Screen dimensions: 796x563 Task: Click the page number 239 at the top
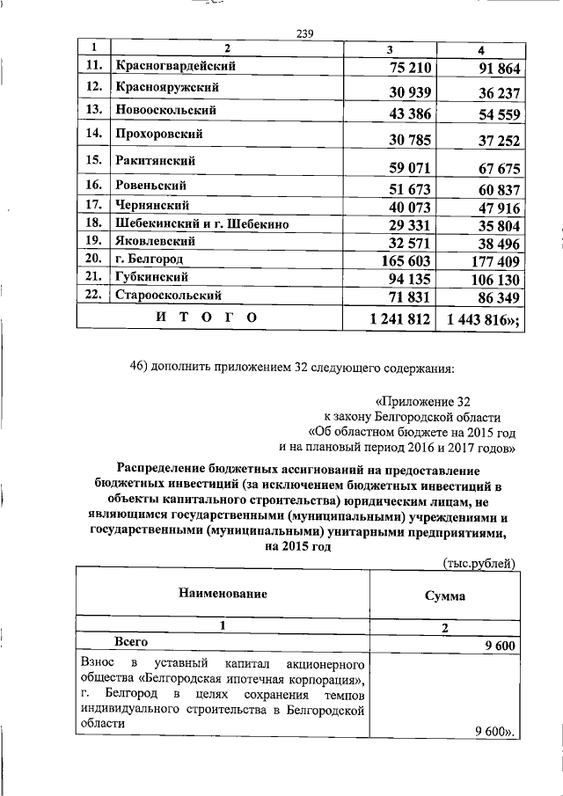pyautogui.click(x=306, y=34)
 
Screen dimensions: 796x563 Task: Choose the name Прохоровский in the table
pyautogui.click(x=159, y=135)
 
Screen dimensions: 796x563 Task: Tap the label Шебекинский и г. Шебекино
pyautogui.click(x=202, y=224)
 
